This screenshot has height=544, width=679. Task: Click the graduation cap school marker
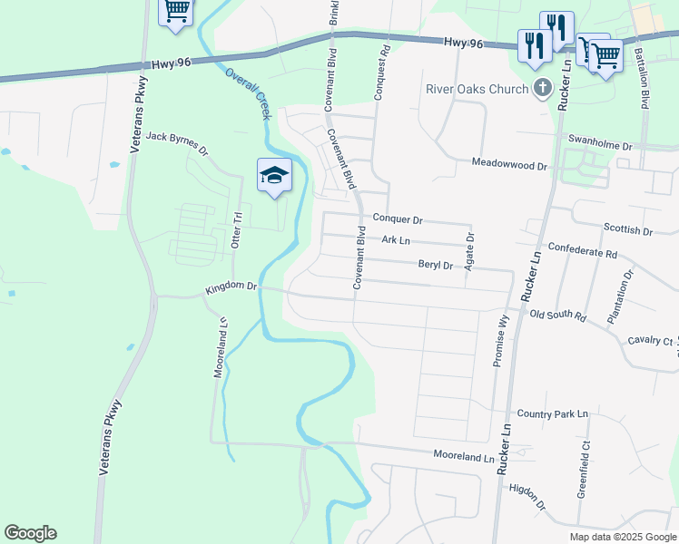coord(274,175)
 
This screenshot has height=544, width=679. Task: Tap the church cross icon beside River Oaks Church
coord(543,88)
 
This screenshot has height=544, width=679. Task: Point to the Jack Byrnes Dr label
coord(177,138)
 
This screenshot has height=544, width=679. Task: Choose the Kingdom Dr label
coord(231,287)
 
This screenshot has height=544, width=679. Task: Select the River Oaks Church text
coord(477,89)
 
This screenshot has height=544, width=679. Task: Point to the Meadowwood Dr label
coord(510,165)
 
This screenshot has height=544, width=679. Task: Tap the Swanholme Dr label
coord(599,143)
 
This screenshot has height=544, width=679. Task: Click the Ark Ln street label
coord(396,240)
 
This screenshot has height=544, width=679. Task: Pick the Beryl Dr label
coord(435,265)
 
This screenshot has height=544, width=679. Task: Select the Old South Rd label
coord(559,316)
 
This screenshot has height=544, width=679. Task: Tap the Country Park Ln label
coord(553,413)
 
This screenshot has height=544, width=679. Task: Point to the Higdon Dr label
coord(527,497)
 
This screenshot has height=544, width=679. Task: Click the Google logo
coord(30,533)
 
